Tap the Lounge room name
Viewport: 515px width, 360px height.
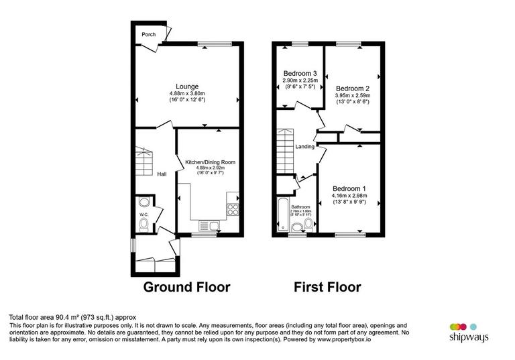186,86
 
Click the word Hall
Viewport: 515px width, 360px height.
162,174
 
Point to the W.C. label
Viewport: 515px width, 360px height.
143,215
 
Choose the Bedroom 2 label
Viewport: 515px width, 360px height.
353,88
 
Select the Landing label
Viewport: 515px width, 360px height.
305,146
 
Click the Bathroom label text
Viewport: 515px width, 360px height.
300,206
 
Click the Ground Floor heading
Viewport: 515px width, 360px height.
187,288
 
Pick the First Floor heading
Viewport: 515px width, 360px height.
327,288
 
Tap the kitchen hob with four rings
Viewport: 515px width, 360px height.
234,209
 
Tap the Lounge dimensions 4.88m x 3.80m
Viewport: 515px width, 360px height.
186,93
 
